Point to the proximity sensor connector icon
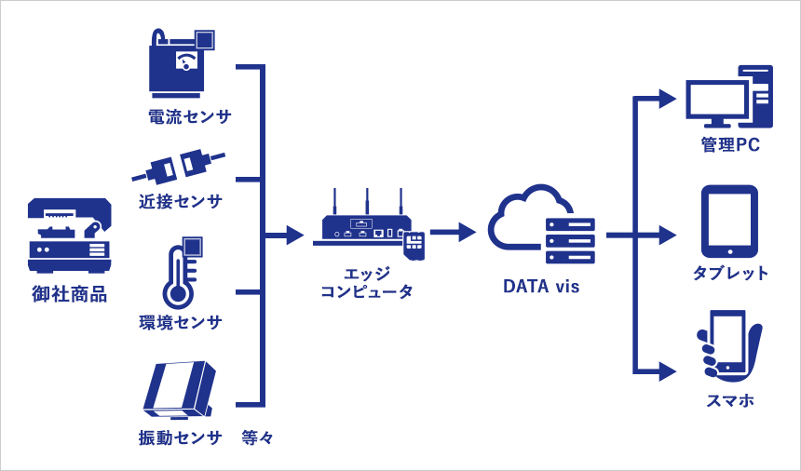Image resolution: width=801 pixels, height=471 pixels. coord(180,166)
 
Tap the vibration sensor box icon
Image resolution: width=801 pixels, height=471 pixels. coord(180,390)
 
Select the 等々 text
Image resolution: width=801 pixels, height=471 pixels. coord(257,437)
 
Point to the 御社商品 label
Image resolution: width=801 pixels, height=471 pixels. coord(70,295)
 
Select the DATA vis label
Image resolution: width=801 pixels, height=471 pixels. coord(541,287)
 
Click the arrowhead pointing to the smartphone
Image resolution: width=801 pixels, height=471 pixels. coord(667,371)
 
